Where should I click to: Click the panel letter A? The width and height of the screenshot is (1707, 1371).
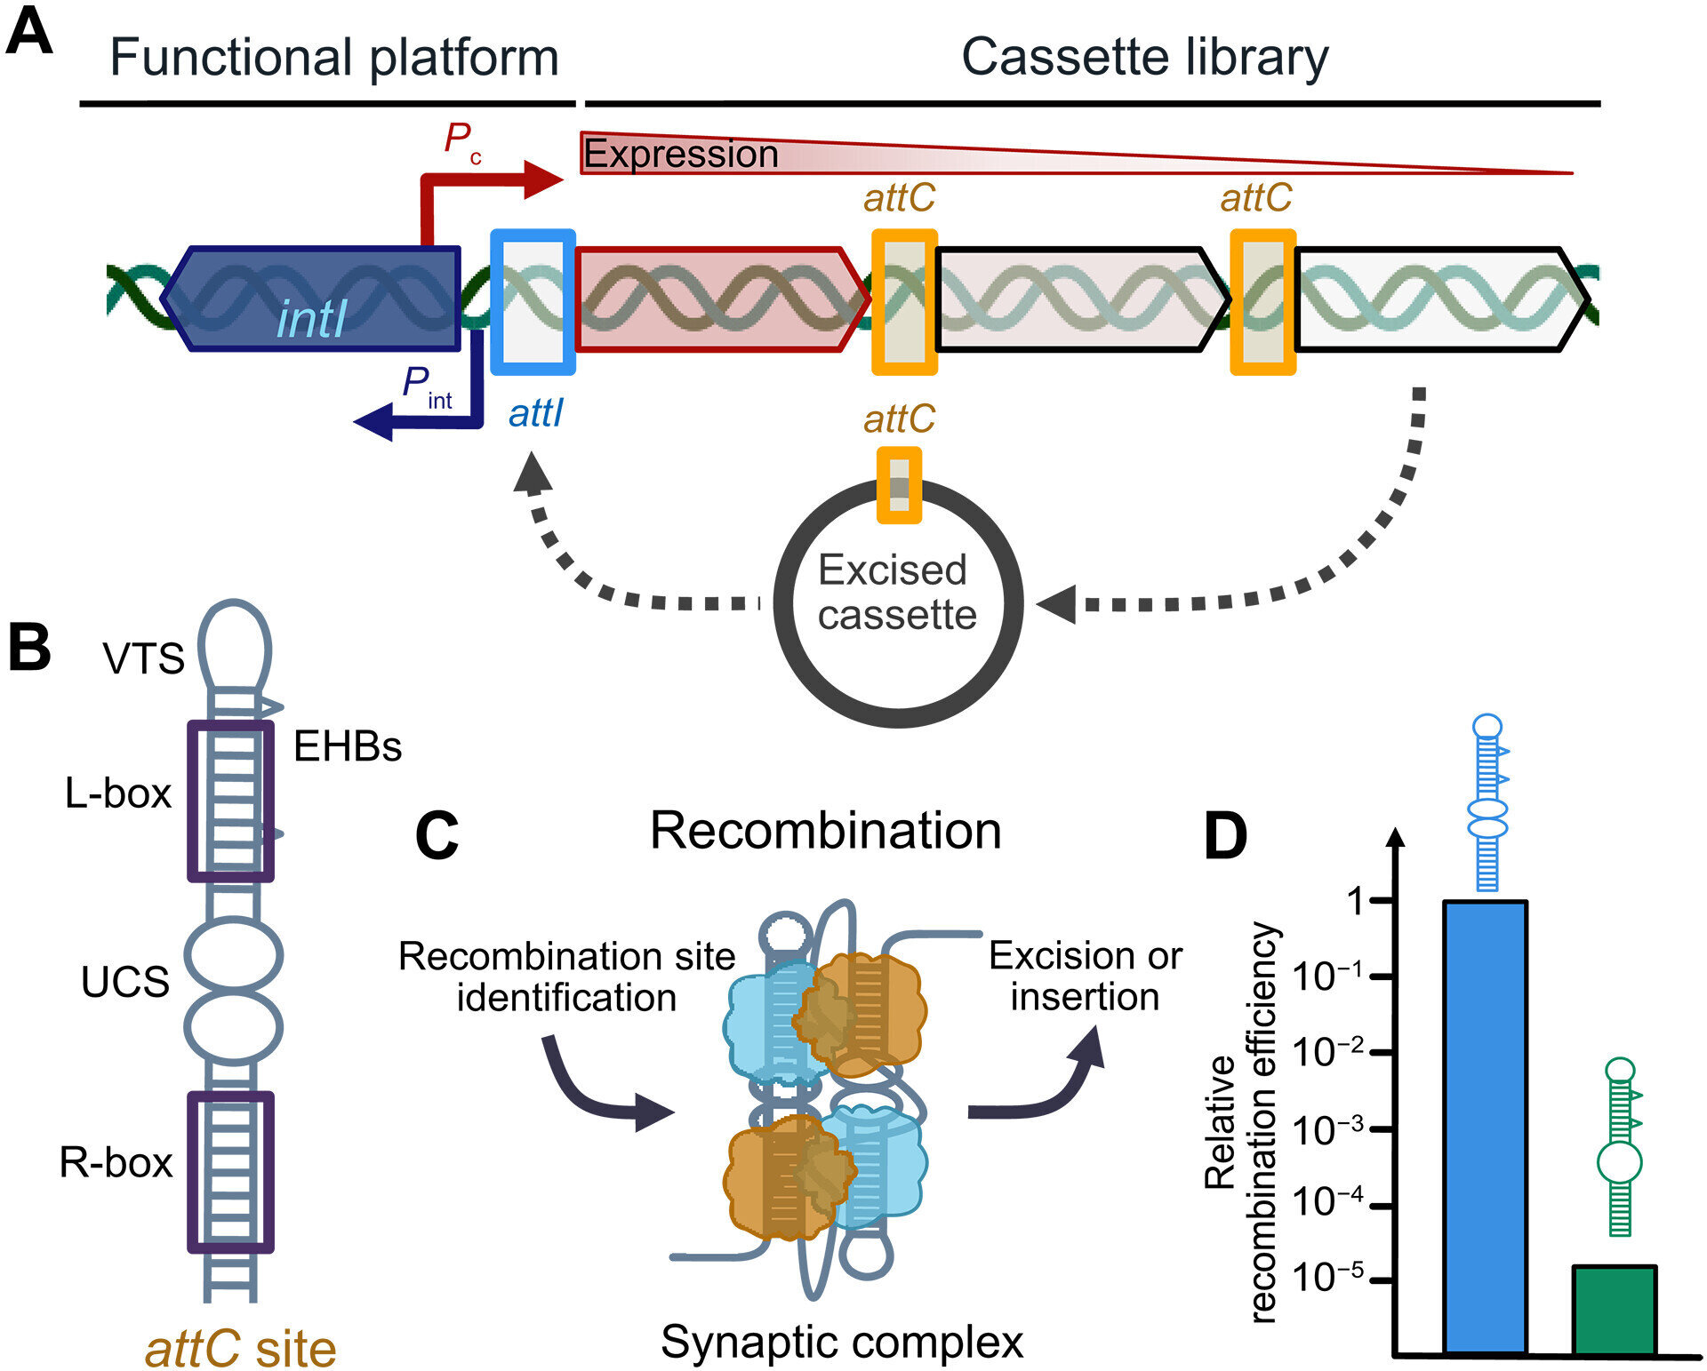[28, 34]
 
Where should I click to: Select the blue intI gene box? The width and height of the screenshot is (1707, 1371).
[311, 299]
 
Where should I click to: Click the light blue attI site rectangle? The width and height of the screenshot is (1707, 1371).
[533, 302]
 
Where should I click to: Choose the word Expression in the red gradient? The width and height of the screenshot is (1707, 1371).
[681, 155]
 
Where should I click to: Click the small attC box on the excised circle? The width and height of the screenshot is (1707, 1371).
[899, 485]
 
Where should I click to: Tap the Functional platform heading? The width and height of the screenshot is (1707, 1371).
[333, 58]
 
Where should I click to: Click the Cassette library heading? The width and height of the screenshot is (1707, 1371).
[1144, 58]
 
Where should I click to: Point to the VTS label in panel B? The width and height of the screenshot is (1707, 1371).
[143, 659]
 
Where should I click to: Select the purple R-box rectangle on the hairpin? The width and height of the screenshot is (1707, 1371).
[230, 1172]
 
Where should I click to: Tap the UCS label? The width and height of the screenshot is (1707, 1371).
[125, 983]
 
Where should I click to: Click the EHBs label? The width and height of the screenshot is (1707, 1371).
[348, 747]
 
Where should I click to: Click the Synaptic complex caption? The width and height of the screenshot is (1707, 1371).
[841, 1342]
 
